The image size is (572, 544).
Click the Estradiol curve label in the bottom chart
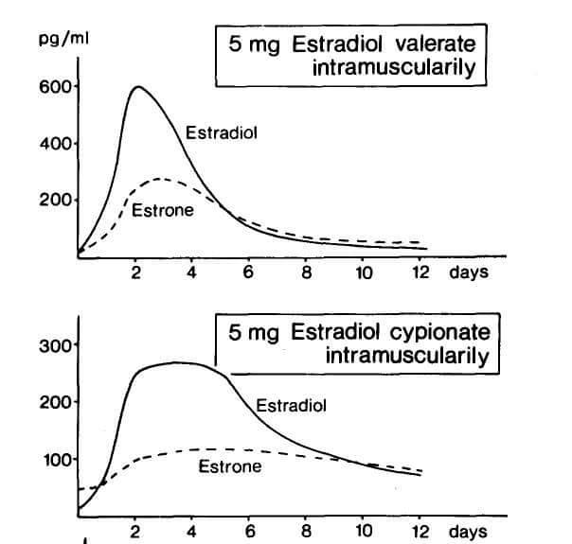[x=292, y=406]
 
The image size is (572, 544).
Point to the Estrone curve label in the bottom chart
[x=229, y=466]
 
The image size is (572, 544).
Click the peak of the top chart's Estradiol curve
[x=139, y=87]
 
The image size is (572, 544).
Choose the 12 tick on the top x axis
[x=421, y=272]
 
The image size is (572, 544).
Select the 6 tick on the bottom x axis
[x=249, y=532]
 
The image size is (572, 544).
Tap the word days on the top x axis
[x=469, y=272]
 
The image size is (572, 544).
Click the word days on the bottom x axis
[x=468, y=532]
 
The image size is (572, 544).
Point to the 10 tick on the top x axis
[x=364, y=272]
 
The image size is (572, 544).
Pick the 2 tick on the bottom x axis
[x=135, y=532]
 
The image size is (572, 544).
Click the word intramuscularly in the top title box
[x=406, y=69]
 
